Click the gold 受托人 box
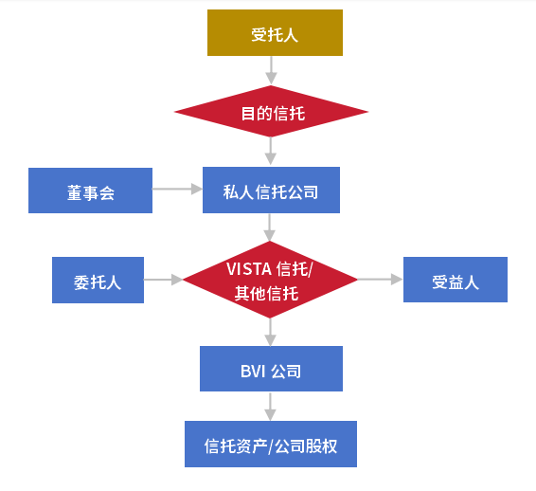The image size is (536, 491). pyautogui.click(x=275, y=32)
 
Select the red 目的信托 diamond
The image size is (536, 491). pyautogui.click(x=271, y=111)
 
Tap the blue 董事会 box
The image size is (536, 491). pyautogui.click(x=90, y=191)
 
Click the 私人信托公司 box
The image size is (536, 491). pyautogui.click(x=271, y=190)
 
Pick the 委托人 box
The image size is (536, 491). pyautogui.click(x=98, y=280)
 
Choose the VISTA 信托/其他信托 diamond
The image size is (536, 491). pyautogui.click(x=270, y=280)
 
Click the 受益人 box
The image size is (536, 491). pyautogui.click(x=456, y=280)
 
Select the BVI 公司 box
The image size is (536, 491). pyautogui.click(x=271, y=369)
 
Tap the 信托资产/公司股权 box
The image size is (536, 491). pyautogui.click(x=271, y=444)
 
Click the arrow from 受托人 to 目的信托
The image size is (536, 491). pyautogui.click(x=271, y=70)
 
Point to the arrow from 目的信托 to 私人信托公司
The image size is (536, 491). pyautogui.click(x=271, y=152)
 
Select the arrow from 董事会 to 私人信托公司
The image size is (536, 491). pyautogui.click(x=177, y=189)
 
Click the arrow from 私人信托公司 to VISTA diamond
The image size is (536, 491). pyautogui.click(x=269, y=227)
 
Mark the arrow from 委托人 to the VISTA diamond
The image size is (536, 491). pyautogui.click(x=164, y=280)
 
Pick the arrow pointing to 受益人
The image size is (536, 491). pyautogui.click(x=381, y=280)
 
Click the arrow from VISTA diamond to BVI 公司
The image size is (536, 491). pyautogui.click(x=270, y=333)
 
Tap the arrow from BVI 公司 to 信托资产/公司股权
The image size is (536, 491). pyautogui.click(x=270, y=407)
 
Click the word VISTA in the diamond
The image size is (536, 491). pyautogui.click(x=249, y=269)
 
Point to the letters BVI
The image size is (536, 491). pyautogui.click(x=253, y=372)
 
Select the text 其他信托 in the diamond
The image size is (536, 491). pyautogui.click(x=267, y=294)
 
